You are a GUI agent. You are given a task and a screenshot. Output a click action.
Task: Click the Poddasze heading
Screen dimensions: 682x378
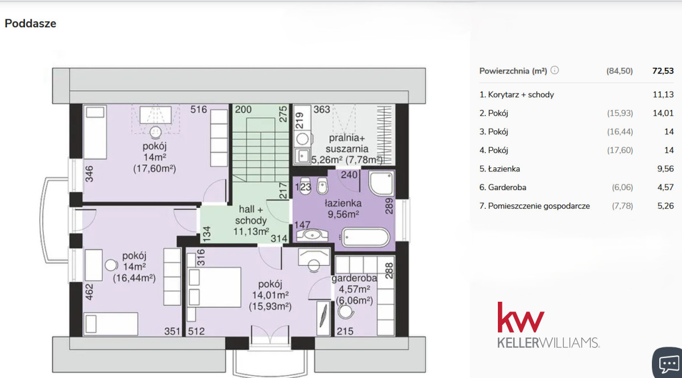coord(31,23)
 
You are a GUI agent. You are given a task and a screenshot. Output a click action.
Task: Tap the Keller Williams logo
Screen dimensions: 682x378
coord(548,325)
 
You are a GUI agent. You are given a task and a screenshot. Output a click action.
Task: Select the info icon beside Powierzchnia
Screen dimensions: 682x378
coord(555,71)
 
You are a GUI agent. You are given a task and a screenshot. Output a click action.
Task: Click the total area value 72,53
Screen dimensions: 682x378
coord(663,71)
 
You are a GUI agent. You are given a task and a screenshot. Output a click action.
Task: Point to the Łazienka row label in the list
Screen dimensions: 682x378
coord(500,169)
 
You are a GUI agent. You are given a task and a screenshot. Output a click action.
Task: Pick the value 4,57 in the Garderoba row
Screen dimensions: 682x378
coord(666,187)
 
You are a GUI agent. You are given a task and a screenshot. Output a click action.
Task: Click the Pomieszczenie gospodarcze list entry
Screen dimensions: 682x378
coord(535,206)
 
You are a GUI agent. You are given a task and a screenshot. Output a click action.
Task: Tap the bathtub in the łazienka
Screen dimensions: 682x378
coord(365,237)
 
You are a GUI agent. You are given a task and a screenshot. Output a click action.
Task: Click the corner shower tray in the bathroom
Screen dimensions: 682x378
coord(381,183)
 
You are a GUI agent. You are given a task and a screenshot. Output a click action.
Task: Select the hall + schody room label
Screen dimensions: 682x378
coord(251,215)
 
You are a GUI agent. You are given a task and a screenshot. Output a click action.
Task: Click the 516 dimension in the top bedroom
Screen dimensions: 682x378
coord(198,109)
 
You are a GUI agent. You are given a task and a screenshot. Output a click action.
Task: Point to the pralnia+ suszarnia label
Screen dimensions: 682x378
coord(347,143)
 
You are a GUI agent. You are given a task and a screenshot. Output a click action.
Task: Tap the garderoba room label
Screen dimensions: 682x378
coord(354,278)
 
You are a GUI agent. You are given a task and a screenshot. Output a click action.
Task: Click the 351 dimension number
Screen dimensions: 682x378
coord(172,331)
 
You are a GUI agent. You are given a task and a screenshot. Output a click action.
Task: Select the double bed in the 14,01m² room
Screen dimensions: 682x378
coord(214,287)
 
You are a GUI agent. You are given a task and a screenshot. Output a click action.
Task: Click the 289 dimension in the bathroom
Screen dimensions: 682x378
coord(389,206)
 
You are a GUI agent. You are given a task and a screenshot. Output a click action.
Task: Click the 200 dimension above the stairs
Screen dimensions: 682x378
coord(243,109)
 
